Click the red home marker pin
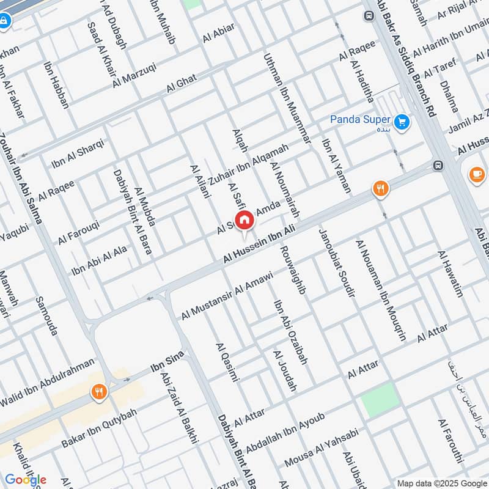[x=244, y=220]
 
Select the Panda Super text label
[x=359, y=119]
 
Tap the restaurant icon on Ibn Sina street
[x=98, y=391]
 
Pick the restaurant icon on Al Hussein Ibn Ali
[x=380, y=189]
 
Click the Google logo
[x=26, y=480]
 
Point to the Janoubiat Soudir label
[x=336, y=263]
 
